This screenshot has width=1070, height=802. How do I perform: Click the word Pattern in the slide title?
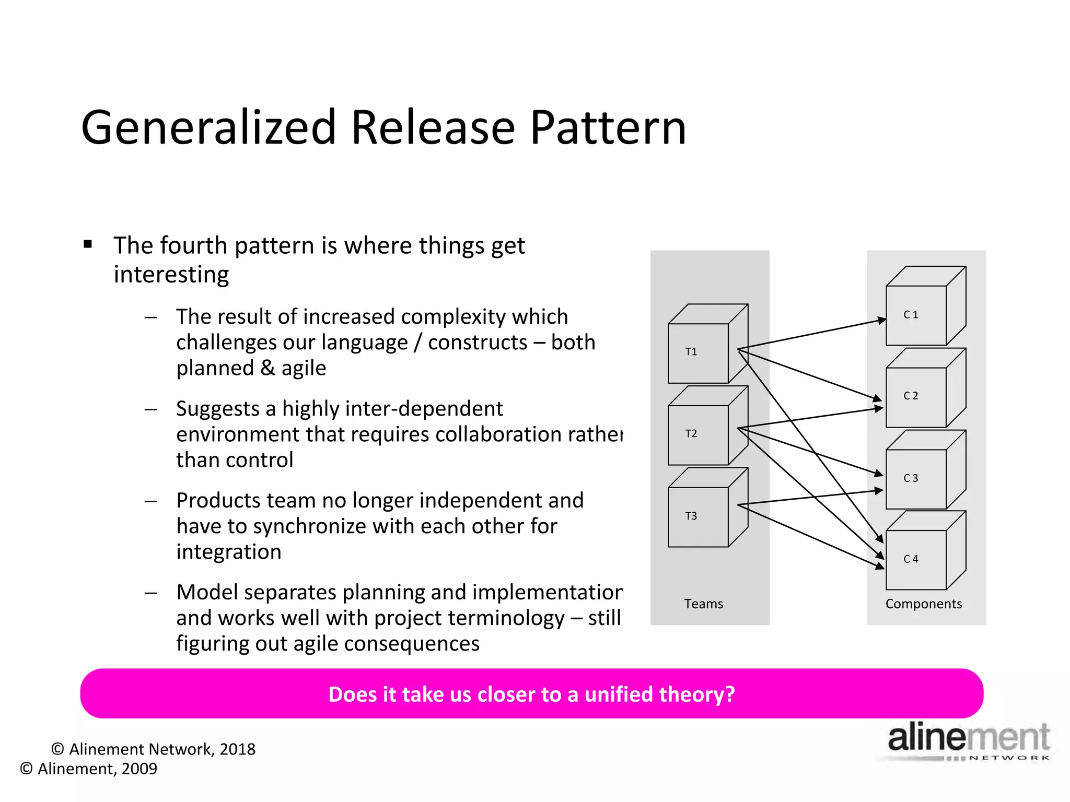pyautogui.click(x=608, y=128)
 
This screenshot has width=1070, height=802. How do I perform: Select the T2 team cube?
pyautogui.click(x=699, y=434)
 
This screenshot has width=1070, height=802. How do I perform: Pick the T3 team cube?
pyautogui.click(x=699, y=516)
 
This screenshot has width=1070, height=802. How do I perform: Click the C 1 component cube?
pyautogui.click(x=916, y=315)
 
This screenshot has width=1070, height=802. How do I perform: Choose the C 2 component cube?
pyautogui.click(x=916, y=397)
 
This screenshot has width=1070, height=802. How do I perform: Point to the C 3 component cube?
pyautogui.click(x=916, y=479)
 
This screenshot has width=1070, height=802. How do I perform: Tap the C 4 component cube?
pyautogui.click(x=916, y=559)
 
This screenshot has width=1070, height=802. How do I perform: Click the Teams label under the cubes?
pyautogui.click(x=703, y=604)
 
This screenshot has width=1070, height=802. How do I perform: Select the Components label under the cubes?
pyautogui.click(x=923, y=604)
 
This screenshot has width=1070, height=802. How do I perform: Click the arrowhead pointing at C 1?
pyautogui.click(x=882, y=320)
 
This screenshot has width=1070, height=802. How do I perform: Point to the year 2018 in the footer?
pyautogui.click(x=237, y=749)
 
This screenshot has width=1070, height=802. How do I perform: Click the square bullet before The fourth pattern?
pyautogui.click(x=88, y=244)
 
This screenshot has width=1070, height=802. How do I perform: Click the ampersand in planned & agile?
pyautogui.click(x=267, y=368)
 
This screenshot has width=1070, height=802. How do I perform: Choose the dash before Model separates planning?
pyautogui.click(x=151, y=593)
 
